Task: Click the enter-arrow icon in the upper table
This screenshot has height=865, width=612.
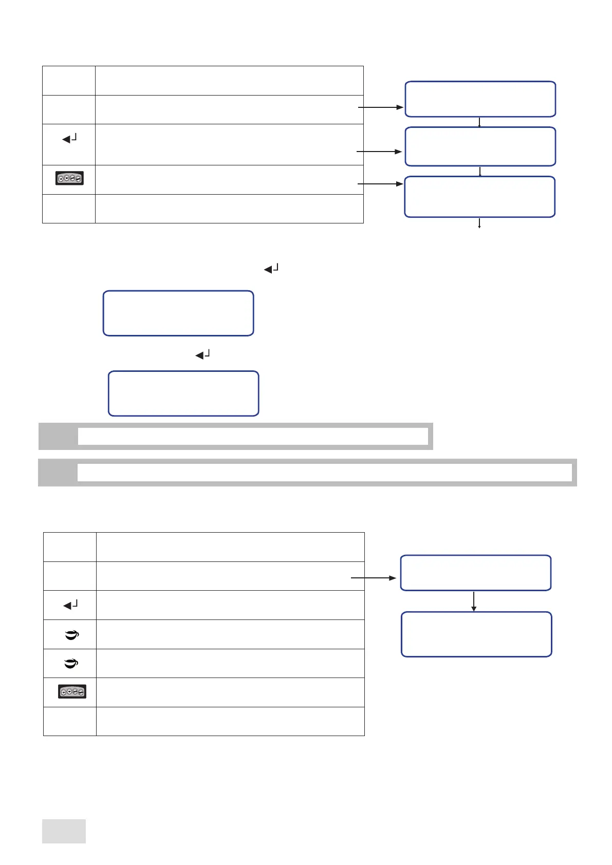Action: tap(69, 138)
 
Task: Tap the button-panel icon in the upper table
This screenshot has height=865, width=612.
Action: tap(69, 179)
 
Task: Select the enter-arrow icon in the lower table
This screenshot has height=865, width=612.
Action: tap(70, 605)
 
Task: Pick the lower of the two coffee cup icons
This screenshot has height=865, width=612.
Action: tap(71, 664)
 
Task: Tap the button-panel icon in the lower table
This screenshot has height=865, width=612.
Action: tap(72, 691)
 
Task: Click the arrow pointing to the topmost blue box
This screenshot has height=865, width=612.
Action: tap(380, 107)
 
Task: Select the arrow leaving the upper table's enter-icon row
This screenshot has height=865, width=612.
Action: tap(379, 152)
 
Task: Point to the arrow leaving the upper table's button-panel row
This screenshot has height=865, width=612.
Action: tap(380, 183)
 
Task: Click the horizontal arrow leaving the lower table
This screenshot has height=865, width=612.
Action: tap(374, 578)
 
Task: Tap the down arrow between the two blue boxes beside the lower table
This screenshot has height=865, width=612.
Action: tap(474, 601)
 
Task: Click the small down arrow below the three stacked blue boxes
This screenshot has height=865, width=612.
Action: tap(479, 223)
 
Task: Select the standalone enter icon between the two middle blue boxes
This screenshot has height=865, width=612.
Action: tap(203, 354)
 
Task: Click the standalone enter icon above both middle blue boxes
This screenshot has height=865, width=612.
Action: tap(271, 268)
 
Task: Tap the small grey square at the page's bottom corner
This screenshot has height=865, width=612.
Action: tap(64, 831)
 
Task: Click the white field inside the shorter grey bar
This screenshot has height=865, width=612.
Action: tap(253, 436)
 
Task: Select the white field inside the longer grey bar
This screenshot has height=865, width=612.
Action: tap(324, 472)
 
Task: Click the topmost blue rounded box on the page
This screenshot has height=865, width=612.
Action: tap(480, 99)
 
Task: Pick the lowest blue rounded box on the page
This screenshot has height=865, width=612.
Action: tap(476, 634)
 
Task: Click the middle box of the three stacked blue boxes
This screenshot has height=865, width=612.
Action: tap(480, 146)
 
